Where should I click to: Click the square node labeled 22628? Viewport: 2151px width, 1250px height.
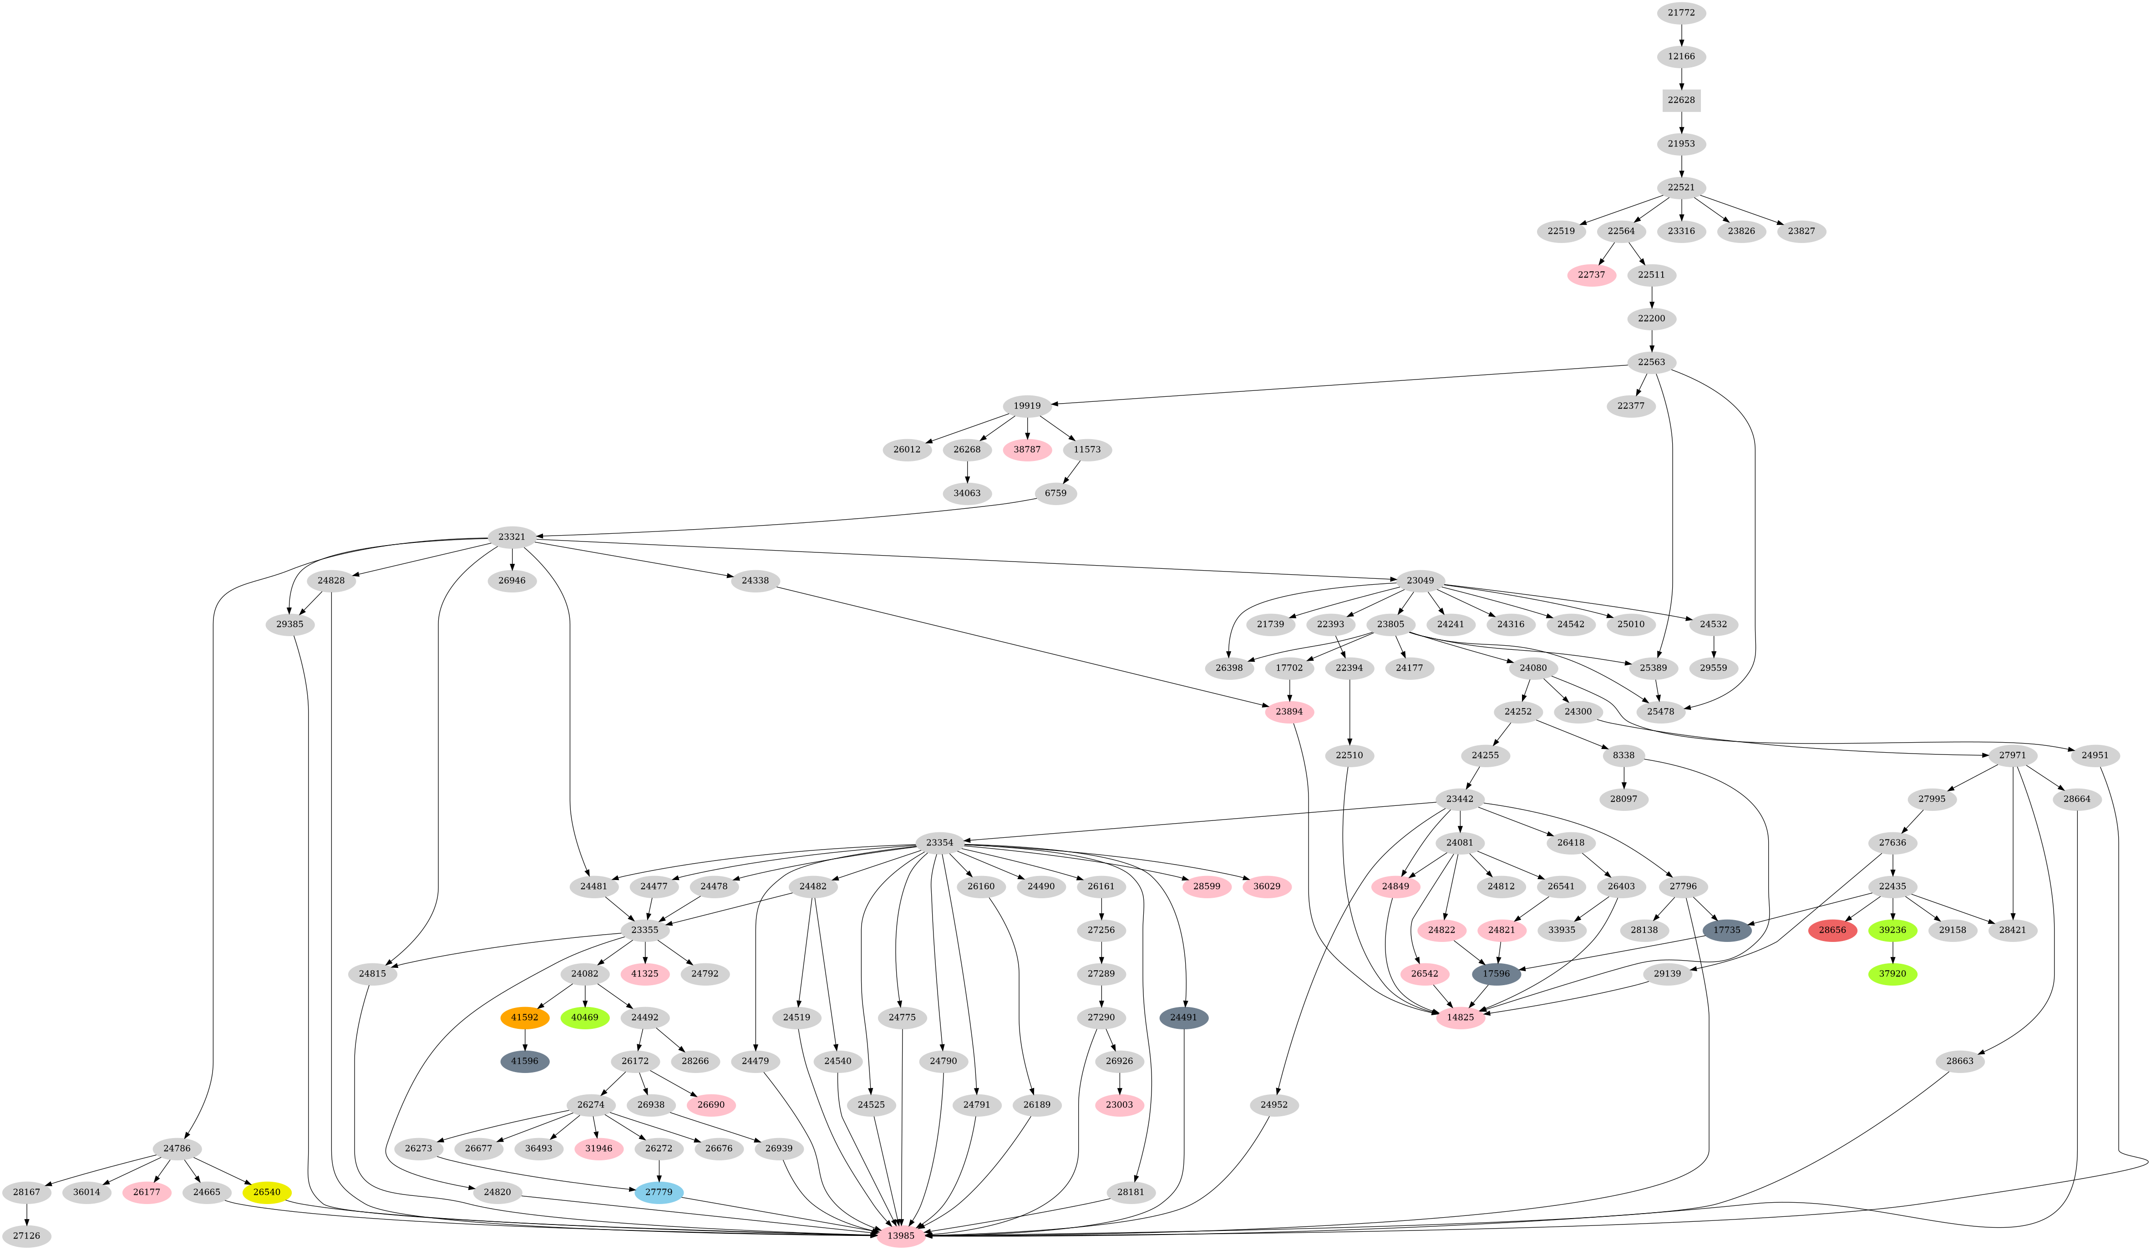pos(1681,100)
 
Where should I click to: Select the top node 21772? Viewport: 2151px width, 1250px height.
pos(1681,13)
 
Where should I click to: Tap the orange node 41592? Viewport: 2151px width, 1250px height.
pos(524,1017)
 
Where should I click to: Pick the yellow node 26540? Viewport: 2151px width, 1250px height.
pos(266,1191)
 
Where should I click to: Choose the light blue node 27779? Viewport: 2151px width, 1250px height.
pos(658,1191)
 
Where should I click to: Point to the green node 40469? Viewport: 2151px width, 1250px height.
pos(585,1017)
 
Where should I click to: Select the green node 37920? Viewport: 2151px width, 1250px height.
pos(1892,973)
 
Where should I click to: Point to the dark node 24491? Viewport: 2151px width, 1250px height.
pos(1183,1017)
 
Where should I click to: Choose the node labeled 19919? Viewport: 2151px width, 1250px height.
pos(1027,405)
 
